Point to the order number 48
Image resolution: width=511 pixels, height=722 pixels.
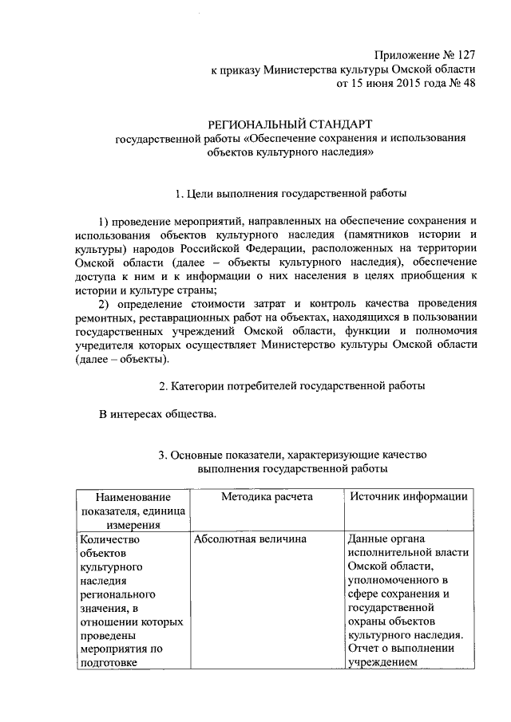(x=468, y=84)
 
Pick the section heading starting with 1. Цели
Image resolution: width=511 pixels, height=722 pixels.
(x=291, y=192)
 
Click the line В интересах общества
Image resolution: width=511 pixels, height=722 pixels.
(x=156, y=413)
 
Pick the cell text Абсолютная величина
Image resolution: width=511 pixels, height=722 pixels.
(x=250, y=539)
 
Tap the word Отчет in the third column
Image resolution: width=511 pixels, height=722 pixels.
(x=365, y=648)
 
